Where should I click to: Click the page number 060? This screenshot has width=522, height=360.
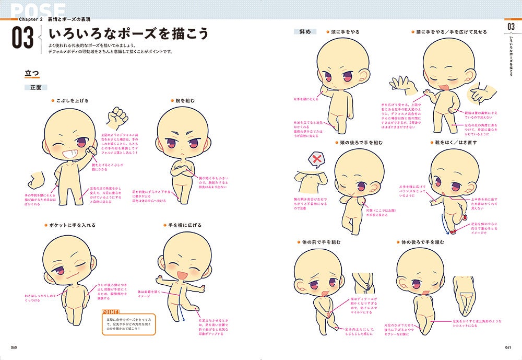[14, 349]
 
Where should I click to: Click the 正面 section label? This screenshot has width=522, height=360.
[35, 87]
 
